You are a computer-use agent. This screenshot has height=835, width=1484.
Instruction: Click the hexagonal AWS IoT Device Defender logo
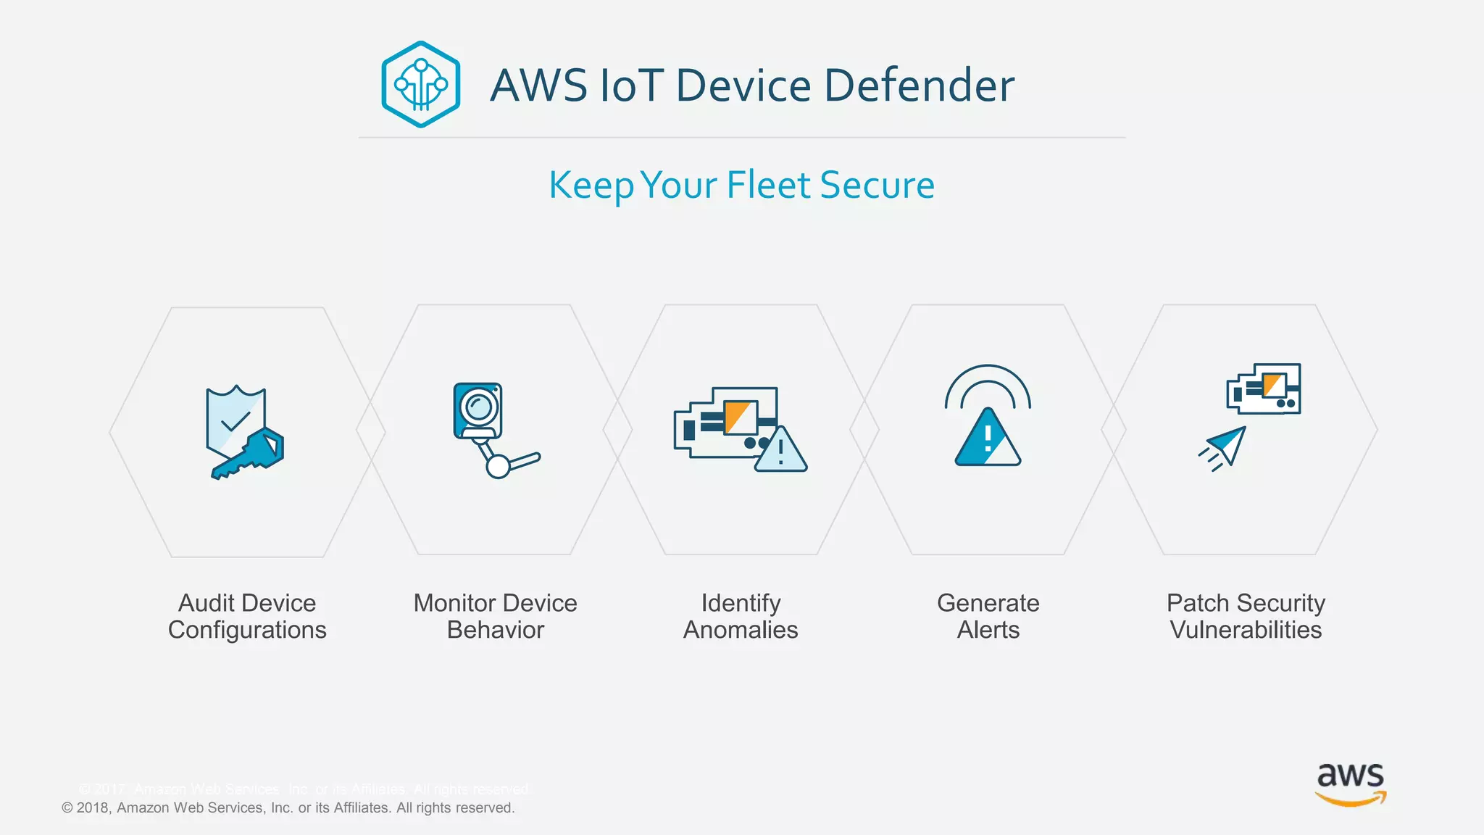point(420,85)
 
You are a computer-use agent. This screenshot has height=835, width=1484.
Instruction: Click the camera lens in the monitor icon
point(478,406)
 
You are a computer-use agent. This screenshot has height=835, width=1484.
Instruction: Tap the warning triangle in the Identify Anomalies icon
point(780,451)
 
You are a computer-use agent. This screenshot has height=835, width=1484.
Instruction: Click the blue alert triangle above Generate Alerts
point(988,438)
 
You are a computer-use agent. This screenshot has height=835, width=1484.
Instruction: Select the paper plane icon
point(1226,446)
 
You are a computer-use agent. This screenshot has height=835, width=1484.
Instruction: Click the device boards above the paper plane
point(1264,389)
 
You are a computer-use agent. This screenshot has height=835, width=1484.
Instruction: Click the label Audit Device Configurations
point(247,616)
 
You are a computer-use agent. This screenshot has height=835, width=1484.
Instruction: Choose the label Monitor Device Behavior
point(495,616)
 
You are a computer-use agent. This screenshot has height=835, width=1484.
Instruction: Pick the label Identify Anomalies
point(741,616)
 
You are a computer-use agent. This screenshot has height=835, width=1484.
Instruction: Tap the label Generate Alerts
point(988,616)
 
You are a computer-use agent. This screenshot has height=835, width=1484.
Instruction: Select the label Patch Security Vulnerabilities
point(1246,616)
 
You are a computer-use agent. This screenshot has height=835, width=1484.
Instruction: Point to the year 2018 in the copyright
point(93,807)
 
